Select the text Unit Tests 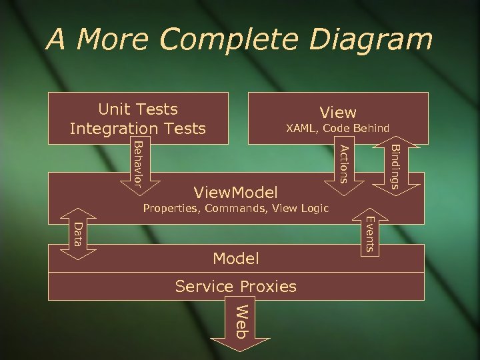click(x=138, y=109)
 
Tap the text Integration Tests click(x=138, y=127)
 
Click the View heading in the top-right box click(x=338, y=113)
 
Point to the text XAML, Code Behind click(x=337, y=128)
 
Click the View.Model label click(x=235, y=193)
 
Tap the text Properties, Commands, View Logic click(x=236, y=209)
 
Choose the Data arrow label click(x=78, y=233)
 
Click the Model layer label click(x=235, y=258)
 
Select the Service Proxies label click(x=235, y=287)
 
